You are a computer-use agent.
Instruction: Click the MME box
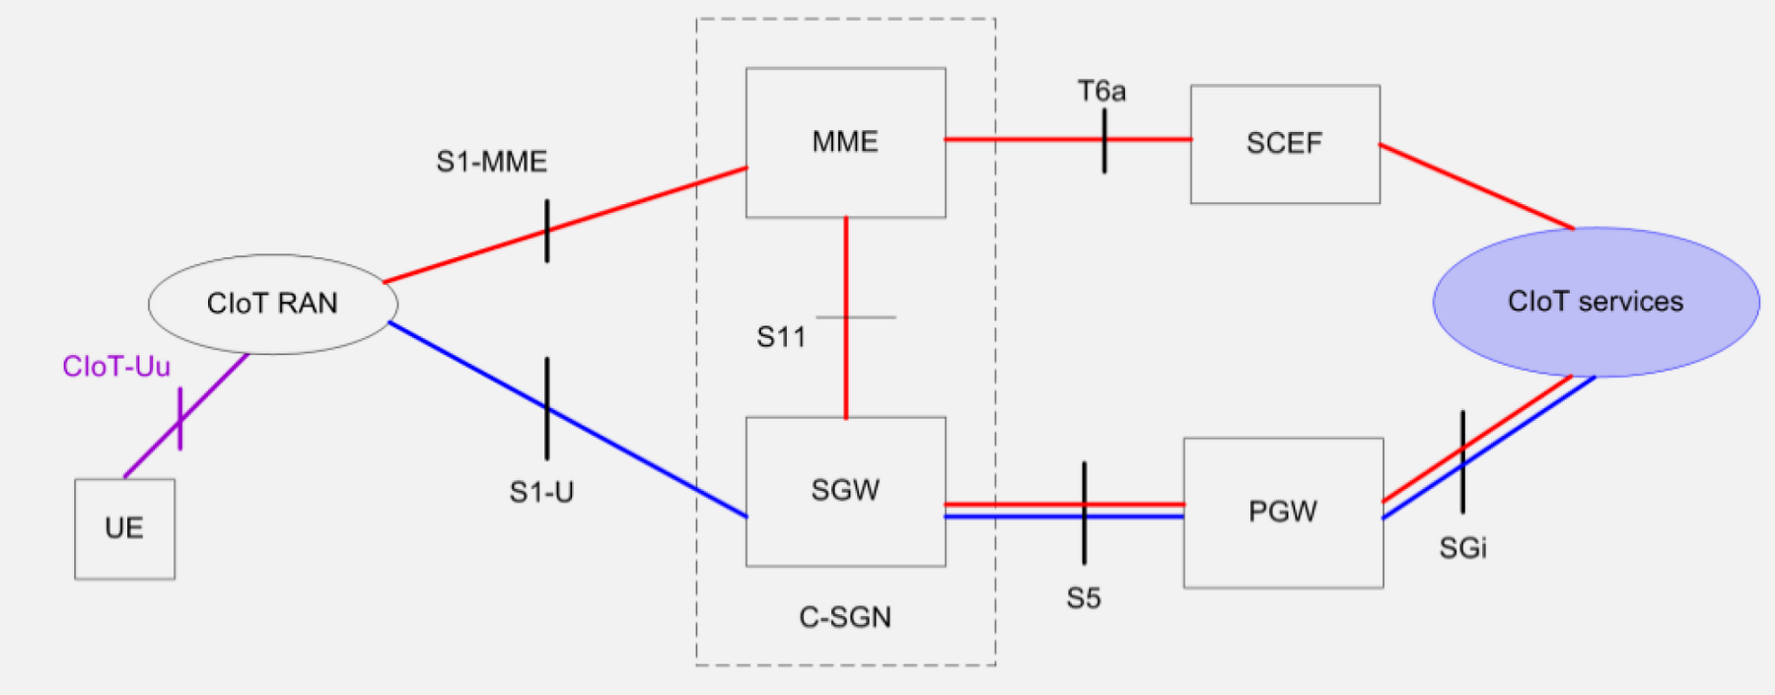(x=845, y=142)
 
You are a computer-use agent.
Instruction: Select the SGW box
(x=845, y=491)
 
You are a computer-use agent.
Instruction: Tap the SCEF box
(x=1284, y=144)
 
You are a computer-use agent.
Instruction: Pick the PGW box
(x=1282, y=512)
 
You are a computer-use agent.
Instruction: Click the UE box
(x=124, y=528)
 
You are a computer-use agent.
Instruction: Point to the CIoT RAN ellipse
(x=272, y=304)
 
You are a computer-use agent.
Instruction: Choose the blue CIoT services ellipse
(x=1595, y=302)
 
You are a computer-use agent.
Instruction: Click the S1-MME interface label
(x=491, y=162)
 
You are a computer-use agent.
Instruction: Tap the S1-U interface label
(x=540, y=492)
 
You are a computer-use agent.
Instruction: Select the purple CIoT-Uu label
(x=116, y=367)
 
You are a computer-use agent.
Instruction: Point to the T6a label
(x=1100, y=92)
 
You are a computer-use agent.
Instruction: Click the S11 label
(x=780, y=338)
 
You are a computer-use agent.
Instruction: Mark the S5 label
(x=1083, y=598)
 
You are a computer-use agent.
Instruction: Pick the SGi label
(x=1462, y=548)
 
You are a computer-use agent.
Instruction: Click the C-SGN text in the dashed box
(x=845, y=617)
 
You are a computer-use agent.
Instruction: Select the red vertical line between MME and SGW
(x=846, y=276)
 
